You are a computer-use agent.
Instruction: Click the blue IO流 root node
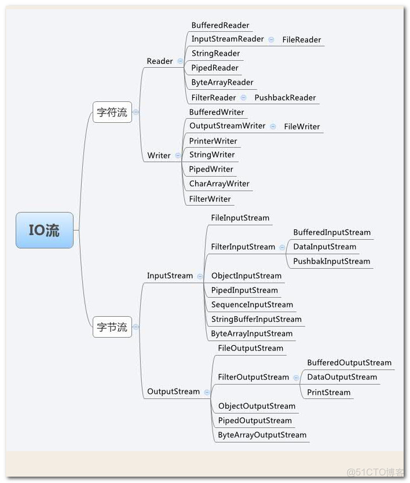45,230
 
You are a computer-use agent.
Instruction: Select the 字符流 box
112,112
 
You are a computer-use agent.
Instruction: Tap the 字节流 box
112,327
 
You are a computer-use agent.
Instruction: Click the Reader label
160,61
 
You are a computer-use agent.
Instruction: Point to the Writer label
159,155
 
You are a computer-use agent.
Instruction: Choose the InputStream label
170,276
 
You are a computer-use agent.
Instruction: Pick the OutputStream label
173,391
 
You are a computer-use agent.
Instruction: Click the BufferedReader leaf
220,25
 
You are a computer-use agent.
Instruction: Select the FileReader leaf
302,40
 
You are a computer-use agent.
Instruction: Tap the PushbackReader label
285,98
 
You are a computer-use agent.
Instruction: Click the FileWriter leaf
302,127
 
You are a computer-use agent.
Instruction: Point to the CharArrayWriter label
219,184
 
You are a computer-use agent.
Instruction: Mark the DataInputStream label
324,247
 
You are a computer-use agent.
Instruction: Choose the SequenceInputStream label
252,305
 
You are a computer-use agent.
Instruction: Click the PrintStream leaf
328,393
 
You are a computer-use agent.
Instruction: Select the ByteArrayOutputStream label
262,435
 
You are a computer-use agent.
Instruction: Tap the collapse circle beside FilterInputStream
282,247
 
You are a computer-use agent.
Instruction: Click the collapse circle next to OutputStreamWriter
272,126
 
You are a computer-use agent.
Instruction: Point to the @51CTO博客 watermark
375,472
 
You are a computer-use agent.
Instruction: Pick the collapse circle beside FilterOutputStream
296,378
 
